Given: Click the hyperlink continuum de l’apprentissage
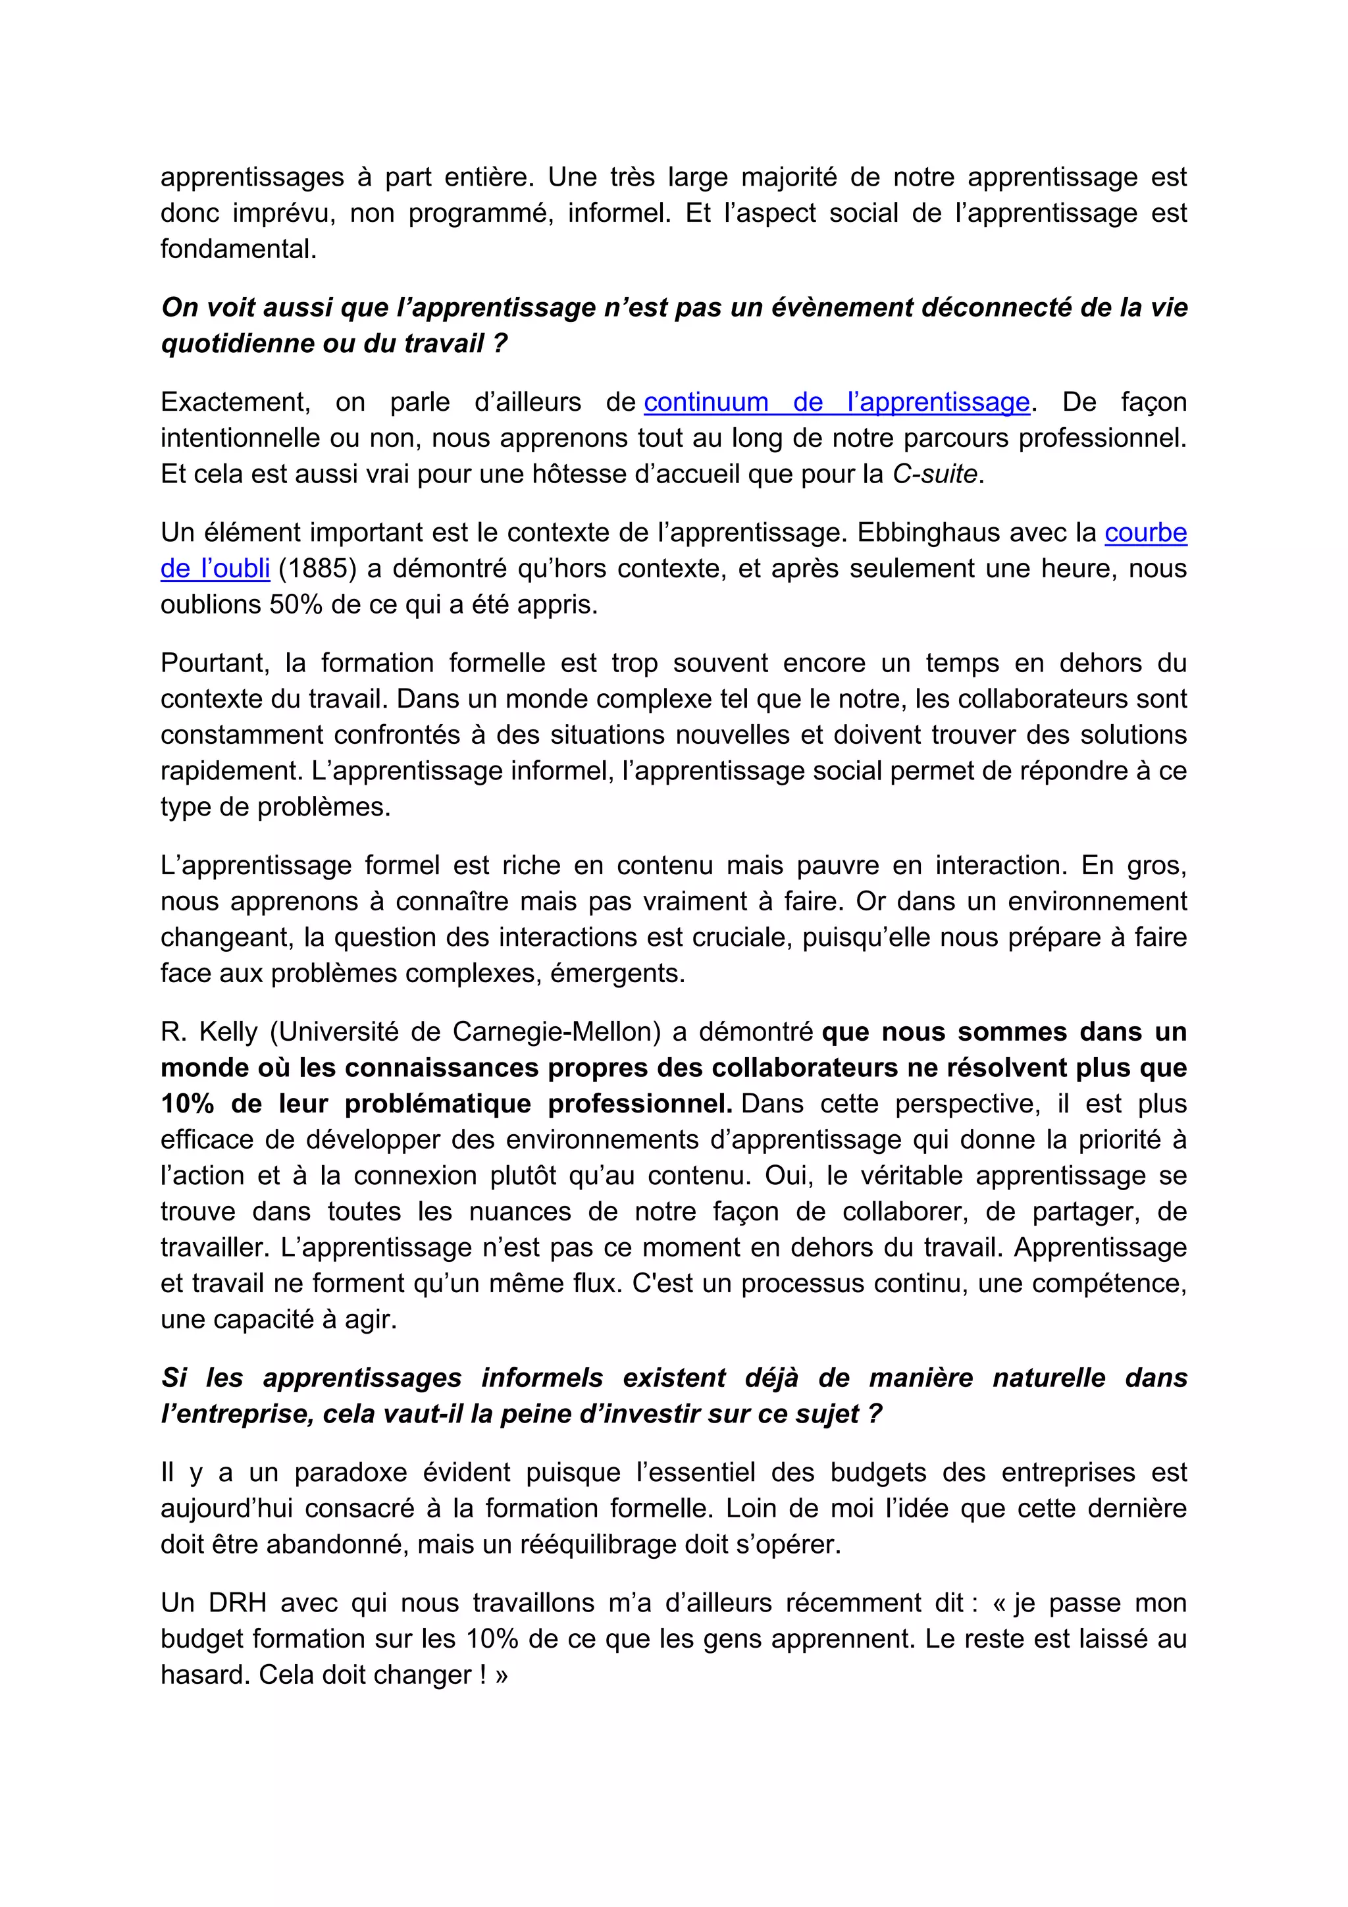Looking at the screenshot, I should (837, 402).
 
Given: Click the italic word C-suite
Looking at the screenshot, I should (935, 474).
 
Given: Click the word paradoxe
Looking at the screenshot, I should (349, 1473).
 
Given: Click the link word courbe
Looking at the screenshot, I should (1145, 533).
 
